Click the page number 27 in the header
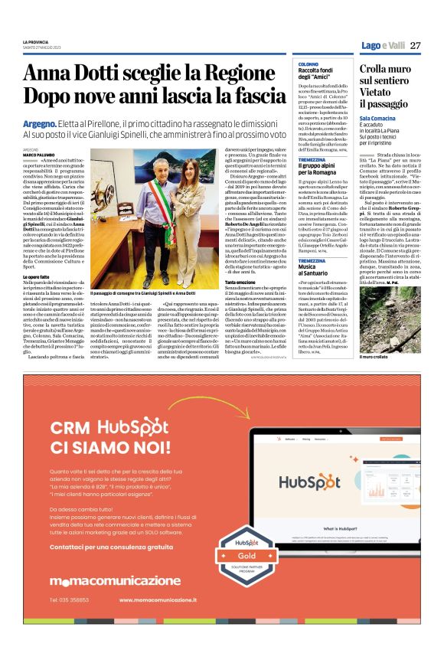click(416, 46)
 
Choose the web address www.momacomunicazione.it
click(165, 600)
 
